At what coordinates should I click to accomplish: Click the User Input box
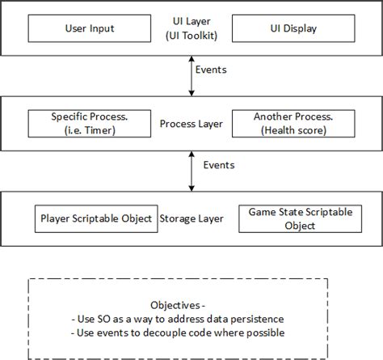(89, 29)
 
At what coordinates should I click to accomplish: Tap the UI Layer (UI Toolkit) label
(188, 29)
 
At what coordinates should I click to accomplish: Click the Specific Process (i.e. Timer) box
(89, 125)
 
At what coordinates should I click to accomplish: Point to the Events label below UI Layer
(212, 70)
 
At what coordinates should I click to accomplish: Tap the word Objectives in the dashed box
(175, 306)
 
